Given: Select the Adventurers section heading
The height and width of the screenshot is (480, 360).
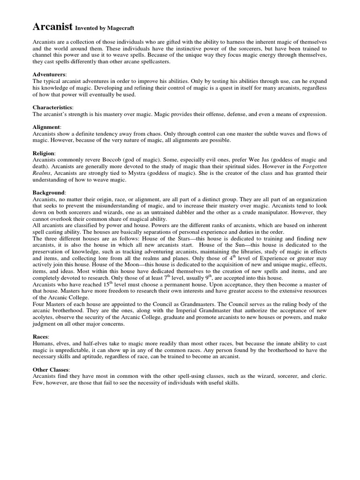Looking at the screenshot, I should tap(49, 75).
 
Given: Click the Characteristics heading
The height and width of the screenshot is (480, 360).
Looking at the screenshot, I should tap(52, 107).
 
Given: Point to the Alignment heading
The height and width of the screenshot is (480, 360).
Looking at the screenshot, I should tap(46, 127).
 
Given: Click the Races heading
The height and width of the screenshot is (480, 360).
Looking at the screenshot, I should tap(41, 336).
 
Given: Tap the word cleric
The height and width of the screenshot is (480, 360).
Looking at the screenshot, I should tap(317, 376).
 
